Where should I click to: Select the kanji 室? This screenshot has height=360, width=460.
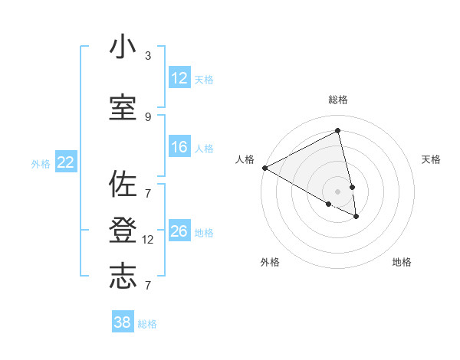click(x=123, y=108)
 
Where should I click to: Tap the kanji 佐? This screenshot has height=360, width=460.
click(x=123, y=185)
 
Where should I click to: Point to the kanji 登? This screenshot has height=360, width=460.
click(x=123, y=231)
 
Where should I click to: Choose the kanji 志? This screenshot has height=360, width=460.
click(x=123, y=277)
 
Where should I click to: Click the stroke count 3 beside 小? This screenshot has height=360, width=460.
click(x=148, y=56)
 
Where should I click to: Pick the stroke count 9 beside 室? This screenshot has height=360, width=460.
click(x=148, y=116)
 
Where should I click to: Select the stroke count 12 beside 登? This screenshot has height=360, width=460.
click(x=149, y=240)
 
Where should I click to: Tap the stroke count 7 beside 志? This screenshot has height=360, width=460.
click(x=148, y=285)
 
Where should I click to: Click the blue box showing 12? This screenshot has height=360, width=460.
click(x=179, y=78)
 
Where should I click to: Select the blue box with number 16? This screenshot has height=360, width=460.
click(x=179, y=147)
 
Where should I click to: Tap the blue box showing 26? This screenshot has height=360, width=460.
click(x=179, y=231)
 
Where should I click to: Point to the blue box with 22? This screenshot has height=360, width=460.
click(x=66, y=162)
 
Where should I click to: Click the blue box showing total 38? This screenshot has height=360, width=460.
click(x=123, y=322)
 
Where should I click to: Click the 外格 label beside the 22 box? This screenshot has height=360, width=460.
click(x=41, y=163)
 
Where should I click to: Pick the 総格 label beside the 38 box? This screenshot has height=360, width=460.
click(x=147, y=324)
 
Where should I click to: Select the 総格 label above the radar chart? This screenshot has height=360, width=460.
click(x=338, y=100)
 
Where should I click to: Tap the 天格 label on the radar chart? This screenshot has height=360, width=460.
click(x=431, y=159)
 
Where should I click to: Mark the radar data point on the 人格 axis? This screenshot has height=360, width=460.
click(x=264, y=168)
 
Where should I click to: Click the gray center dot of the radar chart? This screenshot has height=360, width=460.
click(x=338, y=191)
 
